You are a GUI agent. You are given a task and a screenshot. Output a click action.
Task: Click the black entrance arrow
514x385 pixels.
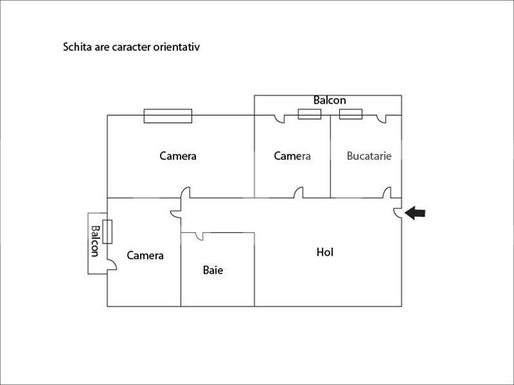[415, 213]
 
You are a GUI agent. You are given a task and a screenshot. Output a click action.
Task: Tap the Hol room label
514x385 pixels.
[325, 252]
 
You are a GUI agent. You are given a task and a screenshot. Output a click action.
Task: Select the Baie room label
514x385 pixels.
[213, 270]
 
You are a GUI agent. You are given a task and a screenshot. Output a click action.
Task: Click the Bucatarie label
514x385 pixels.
[369, 156]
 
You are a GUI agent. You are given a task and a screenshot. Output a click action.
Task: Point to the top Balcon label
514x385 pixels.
[330, 100]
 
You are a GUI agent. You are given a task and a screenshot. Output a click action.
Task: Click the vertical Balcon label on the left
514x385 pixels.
[95, 241]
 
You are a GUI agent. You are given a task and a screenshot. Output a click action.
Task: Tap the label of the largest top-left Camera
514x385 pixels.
[178, 156]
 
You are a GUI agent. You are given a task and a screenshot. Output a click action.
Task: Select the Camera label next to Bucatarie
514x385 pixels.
[292, 156]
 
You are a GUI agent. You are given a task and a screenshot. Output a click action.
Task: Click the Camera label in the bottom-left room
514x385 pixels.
[145, 256]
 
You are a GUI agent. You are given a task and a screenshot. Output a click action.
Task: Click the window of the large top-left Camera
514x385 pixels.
[168, 115]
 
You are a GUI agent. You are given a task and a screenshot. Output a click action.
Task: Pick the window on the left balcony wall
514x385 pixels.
[108, 231]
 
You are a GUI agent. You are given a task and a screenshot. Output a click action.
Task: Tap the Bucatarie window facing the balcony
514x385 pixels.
[351, 114]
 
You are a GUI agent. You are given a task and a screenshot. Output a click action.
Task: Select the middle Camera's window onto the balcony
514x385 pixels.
[310, 114]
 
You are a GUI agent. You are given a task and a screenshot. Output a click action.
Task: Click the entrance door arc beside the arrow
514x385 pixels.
[398, 212]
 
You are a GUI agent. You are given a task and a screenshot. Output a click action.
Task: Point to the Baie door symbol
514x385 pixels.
[199, 236]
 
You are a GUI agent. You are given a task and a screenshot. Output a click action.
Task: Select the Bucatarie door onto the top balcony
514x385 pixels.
[382, 118]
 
